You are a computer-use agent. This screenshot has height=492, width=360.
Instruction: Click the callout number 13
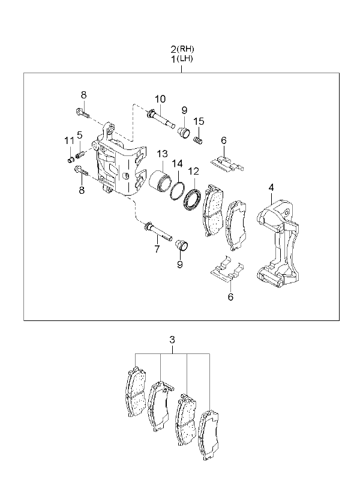pyautogui.click(x=162, y=154)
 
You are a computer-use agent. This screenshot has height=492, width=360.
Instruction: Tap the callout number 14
pyautogui.click(x=177, y=163)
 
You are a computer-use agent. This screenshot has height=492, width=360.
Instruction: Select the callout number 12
pyautogui.click(x=194, y=172)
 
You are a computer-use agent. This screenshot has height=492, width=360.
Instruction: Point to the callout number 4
pyautogui.click(x=271, y=188)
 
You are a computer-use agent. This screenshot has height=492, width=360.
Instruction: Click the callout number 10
pyautogui.click(x=160, y=99)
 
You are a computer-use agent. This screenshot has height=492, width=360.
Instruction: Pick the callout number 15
pyautogui.click(x=199, y=121)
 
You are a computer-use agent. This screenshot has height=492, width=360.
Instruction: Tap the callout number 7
pyautogui.click(x=157, y=249)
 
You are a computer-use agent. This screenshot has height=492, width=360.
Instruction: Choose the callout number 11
pyautogui.click(x=69, y=140)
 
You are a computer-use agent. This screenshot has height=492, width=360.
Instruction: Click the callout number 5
pyautogui.click(x=80, y=135)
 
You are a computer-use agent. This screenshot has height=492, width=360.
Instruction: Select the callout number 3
pyautogui.click(x=172, y=340)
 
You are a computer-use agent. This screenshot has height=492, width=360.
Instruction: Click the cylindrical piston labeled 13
pyautogui.click(x=160, y=181)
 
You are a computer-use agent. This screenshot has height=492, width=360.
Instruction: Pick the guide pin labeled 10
pyautogui.click(x=160, y=118)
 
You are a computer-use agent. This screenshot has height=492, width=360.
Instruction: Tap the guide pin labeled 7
pyautogui.click(x=158, y=231)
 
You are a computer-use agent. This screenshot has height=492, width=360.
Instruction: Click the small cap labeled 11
pyautogui.click(x=71, y=160)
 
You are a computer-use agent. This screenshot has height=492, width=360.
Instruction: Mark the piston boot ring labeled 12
pyautogui.click(x=192, y=200)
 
